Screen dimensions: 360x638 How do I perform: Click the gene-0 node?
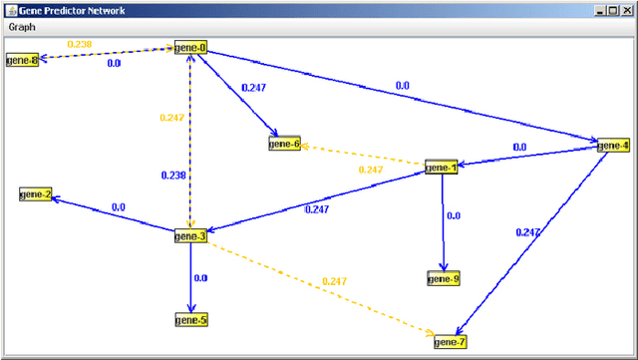click(189, 48)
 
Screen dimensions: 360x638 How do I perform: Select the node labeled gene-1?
click(441, 168)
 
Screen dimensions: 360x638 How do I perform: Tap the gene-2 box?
click(35, 194)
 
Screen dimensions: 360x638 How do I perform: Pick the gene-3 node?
click(189, 236)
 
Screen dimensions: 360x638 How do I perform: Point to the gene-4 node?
click(613, 146)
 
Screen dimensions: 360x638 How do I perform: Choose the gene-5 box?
click(190, 320)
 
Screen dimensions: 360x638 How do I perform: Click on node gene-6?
click(284, 145)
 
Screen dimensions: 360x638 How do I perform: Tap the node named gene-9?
click(443, 279)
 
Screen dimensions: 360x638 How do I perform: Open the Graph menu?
click(21, 27)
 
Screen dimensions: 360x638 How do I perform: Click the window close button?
click(626, 9)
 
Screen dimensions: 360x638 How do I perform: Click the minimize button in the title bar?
click(599, 9)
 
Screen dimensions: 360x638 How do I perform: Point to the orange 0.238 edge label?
click(79, 44)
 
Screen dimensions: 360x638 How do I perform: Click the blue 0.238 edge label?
click(173, 176)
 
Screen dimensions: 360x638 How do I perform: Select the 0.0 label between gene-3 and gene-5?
click(200, 278)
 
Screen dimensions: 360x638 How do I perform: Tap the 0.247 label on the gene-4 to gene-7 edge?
click(528, 232)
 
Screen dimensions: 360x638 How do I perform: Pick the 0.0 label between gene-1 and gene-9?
click(454, 215)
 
